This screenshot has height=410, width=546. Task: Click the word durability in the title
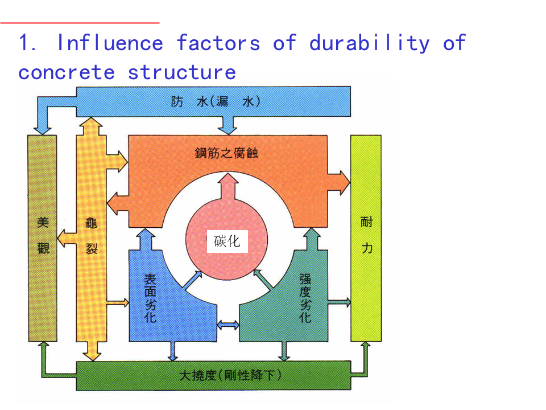pos(370,43)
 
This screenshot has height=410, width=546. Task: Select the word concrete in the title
pos(66,72)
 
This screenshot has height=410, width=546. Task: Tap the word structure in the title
pos(181,72)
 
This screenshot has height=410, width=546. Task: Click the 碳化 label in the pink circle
pos(227,241)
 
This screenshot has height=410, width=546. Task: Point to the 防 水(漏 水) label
pos(216,102)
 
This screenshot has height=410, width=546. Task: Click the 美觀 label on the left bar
pos(43,235)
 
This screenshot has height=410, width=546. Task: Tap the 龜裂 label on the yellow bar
pos(92,235)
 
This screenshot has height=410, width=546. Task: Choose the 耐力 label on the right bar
pos(366,235)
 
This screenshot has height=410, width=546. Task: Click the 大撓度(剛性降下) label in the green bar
pos(230,376)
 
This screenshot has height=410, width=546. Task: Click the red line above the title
pos(80,23)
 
